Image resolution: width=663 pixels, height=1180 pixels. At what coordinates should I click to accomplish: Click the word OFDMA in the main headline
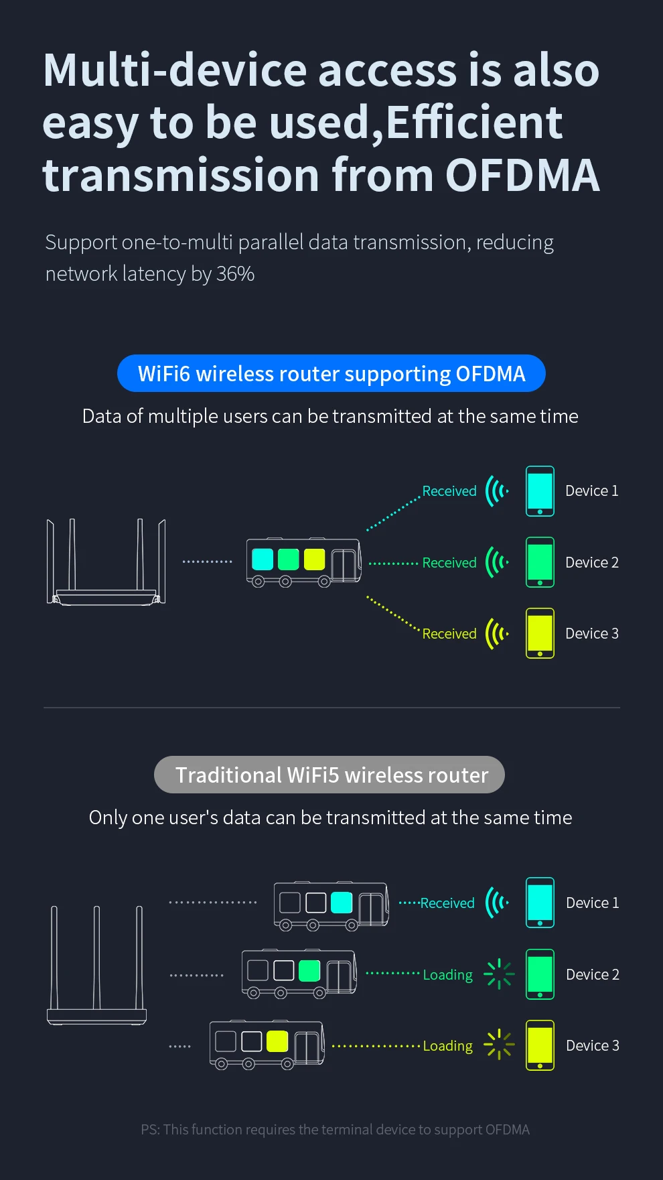tap(522, 176)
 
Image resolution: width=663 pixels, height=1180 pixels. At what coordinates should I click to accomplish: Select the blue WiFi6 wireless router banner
tap(331, 373)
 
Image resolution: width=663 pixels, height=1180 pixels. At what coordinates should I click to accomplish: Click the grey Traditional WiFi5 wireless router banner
tap(329, 775)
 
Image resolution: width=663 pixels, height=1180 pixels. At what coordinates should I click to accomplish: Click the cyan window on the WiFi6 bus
tap(263, 559)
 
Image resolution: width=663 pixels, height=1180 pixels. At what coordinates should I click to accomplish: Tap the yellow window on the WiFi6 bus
tap(314, 559)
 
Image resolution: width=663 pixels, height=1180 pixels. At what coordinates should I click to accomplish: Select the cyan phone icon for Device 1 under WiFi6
tap(540, 491)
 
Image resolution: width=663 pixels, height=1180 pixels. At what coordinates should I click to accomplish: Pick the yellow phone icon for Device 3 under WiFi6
tap(540, 633)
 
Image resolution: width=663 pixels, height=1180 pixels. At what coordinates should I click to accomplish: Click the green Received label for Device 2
tap(449, 563)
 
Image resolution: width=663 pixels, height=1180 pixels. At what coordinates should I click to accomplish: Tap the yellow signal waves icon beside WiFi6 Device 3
tap(497, 633)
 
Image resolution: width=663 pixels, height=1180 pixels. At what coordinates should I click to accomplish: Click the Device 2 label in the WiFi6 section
tap(592, 563)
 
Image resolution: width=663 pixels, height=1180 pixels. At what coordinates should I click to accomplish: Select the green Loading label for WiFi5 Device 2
tap(448, 975)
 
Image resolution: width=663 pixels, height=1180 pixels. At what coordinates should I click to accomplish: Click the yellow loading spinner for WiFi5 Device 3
tap(499, 1045)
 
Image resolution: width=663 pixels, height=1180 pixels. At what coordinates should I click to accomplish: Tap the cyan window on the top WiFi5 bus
tap(342, 903)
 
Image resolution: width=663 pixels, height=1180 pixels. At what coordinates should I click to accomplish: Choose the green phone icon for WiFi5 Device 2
tap(540, 974)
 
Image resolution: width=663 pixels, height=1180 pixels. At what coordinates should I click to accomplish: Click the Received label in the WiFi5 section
tap(447, 903)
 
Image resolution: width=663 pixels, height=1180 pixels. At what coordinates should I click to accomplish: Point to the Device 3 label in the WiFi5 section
tap(593, 1045)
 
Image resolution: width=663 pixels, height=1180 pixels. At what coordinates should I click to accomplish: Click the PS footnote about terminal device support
tap(335, 1130)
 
